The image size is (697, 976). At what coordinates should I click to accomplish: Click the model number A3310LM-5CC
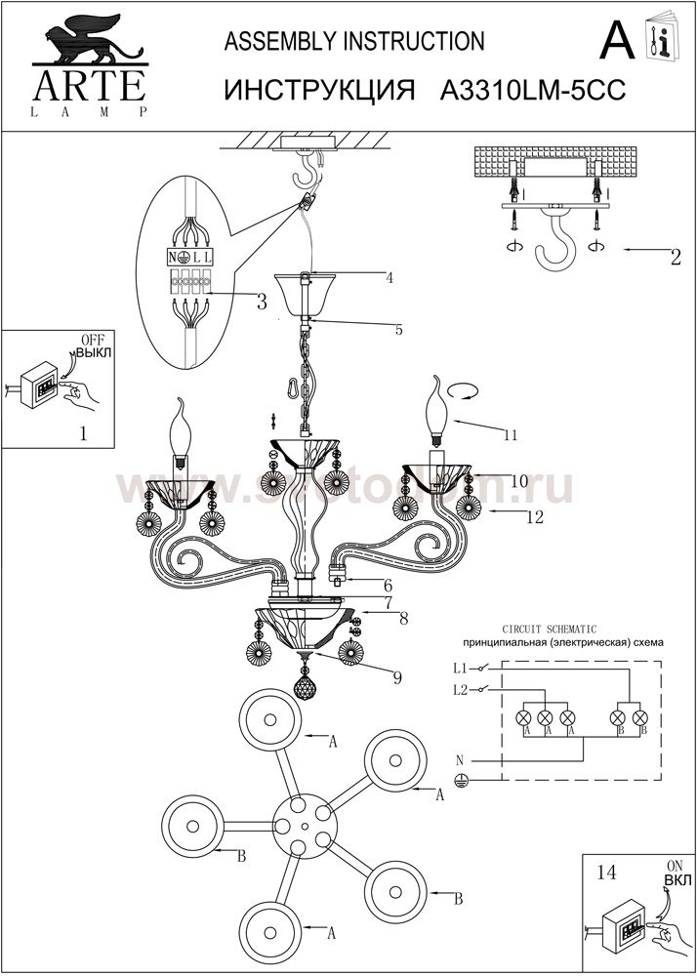point(533,90)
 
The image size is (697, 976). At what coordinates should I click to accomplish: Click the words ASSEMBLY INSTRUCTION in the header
point(354,41)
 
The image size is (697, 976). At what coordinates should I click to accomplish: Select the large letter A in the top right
point(617,41)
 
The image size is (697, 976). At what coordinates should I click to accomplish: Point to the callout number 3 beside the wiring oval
point(262,303)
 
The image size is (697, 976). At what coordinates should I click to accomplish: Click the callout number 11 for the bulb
point(509,436)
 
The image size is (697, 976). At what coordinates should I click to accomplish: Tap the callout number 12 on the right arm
point(533,518)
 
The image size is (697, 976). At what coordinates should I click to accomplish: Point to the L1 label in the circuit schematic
point(461,670)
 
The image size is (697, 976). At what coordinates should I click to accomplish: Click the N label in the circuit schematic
point(460,759)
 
